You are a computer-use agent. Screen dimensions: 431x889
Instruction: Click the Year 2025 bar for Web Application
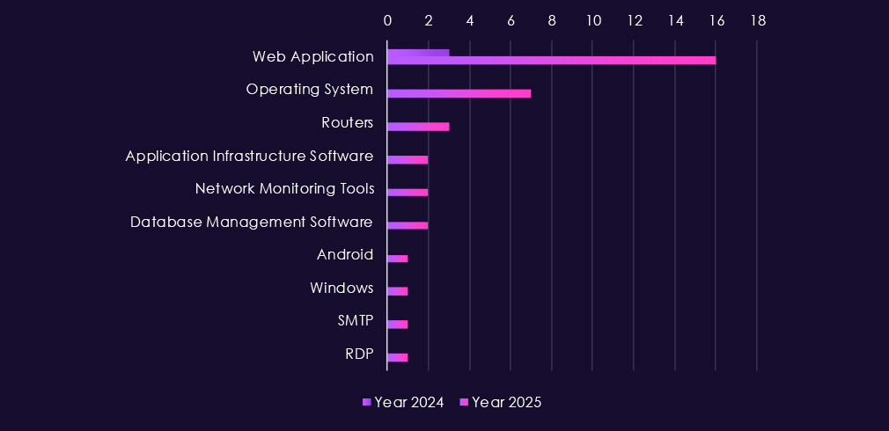click(x=551, y=61)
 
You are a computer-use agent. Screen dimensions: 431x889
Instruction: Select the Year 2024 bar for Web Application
click(x=418, y=53)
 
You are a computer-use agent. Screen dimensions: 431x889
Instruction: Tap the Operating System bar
click(x=459, y=93)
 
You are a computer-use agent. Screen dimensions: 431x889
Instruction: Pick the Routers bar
click(x=418, y=127)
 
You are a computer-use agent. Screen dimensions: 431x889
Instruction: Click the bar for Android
click(x=397, y=259)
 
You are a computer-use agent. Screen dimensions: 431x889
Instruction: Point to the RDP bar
click(x=397, y=357)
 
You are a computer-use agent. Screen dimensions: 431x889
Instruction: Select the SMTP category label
click(x=356, y=321)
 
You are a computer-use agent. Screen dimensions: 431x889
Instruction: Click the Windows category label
click(x=342, y=288)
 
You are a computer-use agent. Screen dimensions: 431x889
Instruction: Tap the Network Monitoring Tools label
click(x=284, y=188)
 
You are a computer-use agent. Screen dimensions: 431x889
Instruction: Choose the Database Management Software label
click(x=252, y=222)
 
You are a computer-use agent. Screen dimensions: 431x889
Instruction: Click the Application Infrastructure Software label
click(x=249, y=156)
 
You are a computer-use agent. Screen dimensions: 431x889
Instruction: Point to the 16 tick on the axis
click(x=716, y=20)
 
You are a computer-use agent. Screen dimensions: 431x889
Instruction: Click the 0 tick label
click(x=387, y=20)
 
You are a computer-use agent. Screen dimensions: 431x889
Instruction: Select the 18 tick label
click(x=758, y=20)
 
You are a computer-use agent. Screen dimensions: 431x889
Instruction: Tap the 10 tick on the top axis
click(x=593, y=20)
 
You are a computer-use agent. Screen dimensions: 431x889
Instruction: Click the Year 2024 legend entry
click(x=403, y=402)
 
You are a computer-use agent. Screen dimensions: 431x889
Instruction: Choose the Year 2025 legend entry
click(x=501, y=402)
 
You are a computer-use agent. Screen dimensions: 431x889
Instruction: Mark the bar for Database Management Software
click(x=408, y=225)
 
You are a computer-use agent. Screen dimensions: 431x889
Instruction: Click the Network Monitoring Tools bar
click(x=408, y=193)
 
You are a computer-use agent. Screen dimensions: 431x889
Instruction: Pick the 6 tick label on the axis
click(x=511, y=20)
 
